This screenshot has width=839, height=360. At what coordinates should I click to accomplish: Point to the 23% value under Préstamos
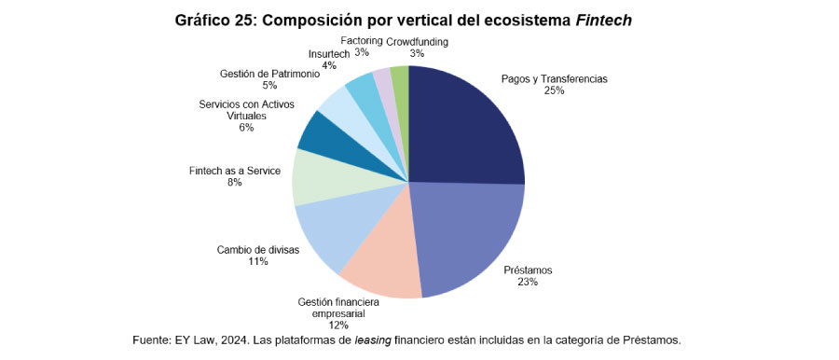(x=528, y=282)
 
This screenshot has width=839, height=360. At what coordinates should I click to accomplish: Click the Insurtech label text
(x=329, y=53)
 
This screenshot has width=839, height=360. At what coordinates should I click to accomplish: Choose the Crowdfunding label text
(x=417, y=42)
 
